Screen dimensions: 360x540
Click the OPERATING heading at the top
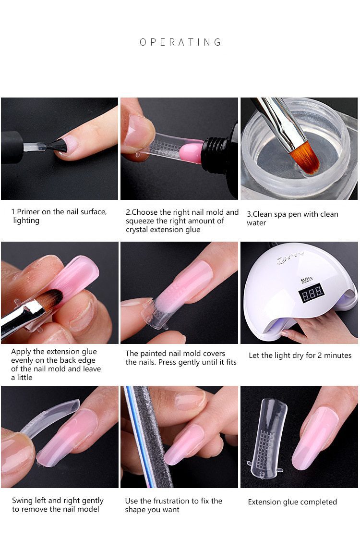click(x=180, y=42)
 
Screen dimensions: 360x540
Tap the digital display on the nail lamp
click(x=312, y=293)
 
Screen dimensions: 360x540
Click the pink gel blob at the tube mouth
click(x=192, y=153)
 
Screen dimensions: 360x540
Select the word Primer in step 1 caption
click(x=28, y=212)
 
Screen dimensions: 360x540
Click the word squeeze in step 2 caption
click(x=141, y=221)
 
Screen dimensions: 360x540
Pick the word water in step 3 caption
click(x=256, y=223)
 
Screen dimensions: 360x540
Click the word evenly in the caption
click(x=23, y=361)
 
